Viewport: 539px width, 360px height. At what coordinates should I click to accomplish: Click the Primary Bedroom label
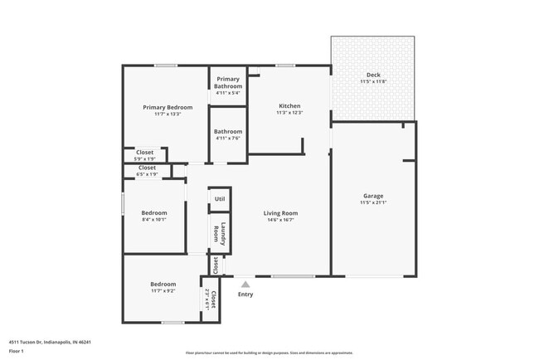point(167,107)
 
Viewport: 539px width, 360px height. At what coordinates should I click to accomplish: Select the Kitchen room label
point(289,105)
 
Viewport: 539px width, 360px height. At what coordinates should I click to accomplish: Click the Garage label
point(373,196)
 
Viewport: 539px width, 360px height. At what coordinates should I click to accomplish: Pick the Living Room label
point(280,213)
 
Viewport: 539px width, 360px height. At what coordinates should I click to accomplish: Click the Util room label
point(220,199)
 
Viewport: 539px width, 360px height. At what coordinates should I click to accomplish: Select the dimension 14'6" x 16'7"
point(280,221)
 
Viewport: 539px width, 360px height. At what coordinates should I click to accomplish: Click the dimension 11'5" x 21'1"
point(373,202)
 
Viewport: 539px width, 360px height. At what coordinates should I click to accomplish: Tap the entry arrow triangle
point(245,285)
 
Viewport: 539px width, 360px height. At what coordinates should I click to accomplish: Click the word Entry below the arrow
point(245,294)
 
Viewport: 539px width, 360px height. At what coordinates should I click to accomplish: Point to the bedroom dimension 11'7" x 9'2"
point(163,291)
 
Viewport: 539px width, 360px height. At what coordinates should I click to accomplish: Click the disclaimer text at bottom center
point(269,352)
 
